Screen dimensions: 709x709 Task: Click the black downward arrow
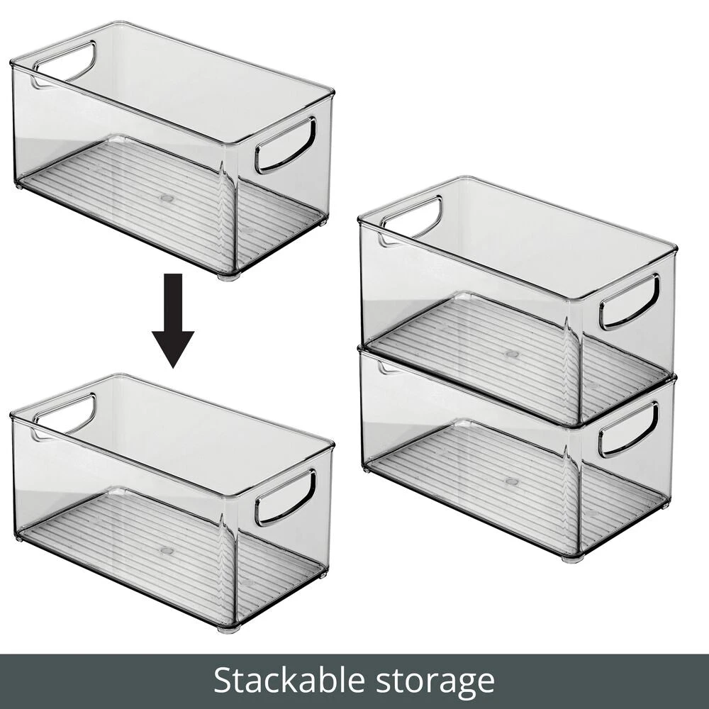(x=173, y=320)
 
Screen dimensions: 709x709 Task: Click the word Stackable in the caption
(x=289, y=681)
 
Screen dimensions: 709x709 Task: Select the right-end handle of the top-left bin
(x=285, y=146)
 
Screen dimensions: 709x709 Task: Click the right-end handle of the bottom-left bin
(x=285, y=498)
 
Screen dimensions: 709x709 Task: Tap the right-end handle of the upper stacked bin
(x=630, y=302)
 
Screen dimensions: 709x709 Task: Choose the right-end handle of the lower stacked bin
(x=628, y=430)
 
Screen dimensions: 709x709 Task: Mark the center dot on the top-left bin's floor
(x=167, y=198)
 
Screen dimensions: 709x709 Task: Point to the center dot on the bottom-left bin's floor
(x=167, y=550)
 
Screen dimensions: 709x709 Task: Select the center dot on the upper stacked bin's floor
(x=512, y=354)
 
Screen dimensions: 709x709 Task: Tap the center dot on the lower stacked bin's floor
(x=512, y=481)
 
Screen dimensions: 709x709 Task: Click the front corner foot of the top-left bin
(x=229, y=276)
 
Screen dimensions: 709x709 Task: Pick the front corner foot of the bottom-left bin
(x=229, y=628)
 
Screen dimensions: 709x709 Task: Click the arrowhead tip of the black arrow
(x=173, y=368)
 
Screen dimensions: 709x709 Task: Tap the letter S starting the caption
(x=222, y=681)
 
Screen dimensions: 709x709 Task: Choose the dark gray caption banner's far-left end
(x=1, y=681)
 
